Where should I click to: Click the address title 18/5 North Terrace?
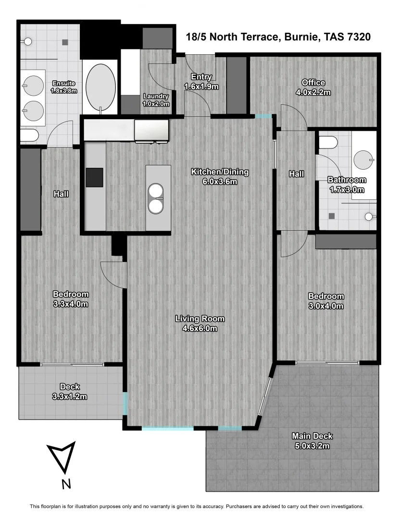click(278, 37)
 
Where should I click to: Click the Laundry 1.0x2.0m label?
click(156, 99)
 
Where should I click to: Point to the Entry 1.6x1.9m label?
click(201, 81)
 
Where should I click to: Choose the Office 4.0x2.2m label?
click(313, 87)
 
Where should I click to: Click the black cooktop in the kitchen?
click(94, 177)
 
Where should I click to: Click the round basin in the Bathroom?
click(363, 158)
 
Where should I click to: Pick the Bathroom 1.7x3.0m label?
click(346, 185)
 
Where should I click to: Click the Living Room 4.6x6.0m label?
click(200, 323)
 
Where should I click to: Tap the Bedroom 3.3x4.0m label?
click(71, 299)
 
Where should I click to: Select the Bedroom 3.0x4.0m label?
click(326, 300)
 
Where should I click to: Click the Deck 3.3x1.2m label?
click(70, 391)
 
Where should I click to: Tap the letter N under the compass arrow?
click(66, 483)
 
